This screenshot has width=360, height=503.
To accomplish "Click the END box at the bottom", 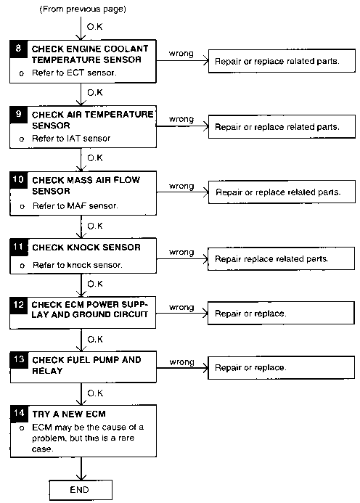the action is [x=81, y=489].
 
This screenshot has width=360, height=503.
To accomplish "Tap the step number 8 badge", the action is [x=18, y=49].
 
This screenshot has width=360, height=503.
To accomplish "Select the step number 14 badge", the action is [x=19, y=413].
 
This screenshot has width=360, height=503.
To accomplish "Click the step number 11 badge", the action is [x=19, y=247].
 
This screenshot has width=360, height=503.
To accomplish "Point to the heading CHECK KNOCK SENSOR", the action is [x=86, y=248].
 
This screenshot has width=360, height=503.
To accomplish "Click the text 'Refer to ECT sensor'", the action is [x=74, y=73].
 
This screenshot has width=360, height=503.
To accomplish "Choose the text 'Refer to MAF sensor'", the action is [x=75, y=205].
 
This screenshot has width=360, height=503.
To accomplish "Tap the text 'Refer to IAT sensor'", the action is [x=71, y=139].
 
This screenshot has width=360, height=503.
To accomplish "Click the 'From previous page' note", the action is [x=83, y=9].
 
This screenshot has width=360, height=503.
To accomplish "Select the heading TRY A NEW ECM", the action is [x=69, y=414].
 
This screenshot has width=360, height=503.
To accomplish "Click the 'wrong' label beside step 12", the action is [x=181, y=307].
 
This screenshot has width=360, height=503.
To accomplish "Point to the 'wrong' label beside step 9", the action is [x=181, y=119].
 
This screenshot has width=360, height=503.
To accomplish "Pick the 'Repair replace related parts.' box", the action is [x=281, y=258].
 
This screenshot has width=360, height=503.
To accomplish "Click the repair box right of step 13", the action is [x=281, y=367].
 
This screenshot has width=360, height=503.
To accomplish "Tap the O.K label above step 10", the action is [x=95, y=158].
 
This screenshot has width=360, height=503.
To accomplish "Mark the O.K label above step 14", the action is [x=95, y=393].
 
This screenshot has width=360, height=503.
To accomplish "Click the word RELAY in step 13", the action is [x=47, y=370].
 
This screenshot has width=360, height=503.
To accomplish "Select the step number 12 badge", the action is [x=19, y=305].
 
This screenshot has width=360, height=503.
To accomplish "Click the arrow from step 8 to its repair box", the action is [x=182, y=60].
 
